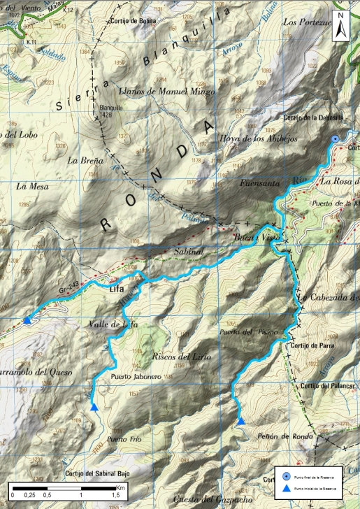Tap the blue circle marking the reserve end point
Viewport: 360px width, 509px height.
pyautogui.click(x=336, y=139)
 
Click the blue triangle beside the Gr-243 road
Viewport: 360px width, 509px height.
pyautogui.click(x=27, y=320)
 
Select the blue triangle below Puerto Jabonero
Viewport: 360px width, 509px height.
pyautogui.click(x=94, y=407)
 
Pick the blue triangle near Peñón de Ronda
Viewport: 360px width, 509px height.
pyautogui.click(x=240, y=421)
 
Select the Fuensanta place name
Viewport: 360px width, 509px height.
pyautogui.click(x=259, y=184)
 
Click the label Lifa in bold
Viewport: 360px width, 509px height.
pyautogui.click(x=120, y=287)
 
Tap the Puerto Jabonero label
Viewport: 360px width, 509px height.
pyautogui.click(x=136, y=377)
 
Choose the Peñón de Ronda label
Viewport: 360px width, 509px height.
pyautogui.click(x=277, y=436)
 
